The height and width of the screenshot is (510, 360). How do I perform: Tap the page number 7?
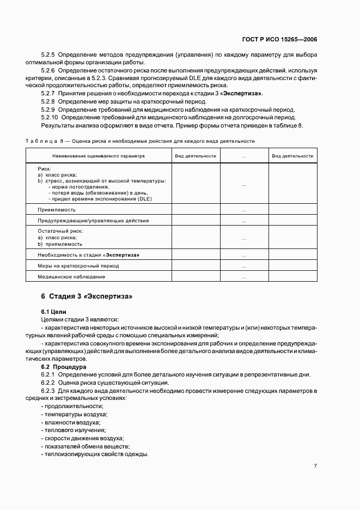(x=315, y=465)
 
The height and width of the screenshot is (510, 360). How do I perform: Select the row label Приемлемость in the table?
(x=57, y=209)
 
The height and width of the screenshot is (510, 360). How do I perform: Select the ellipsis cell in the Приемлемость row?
(x=243, y=210)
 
